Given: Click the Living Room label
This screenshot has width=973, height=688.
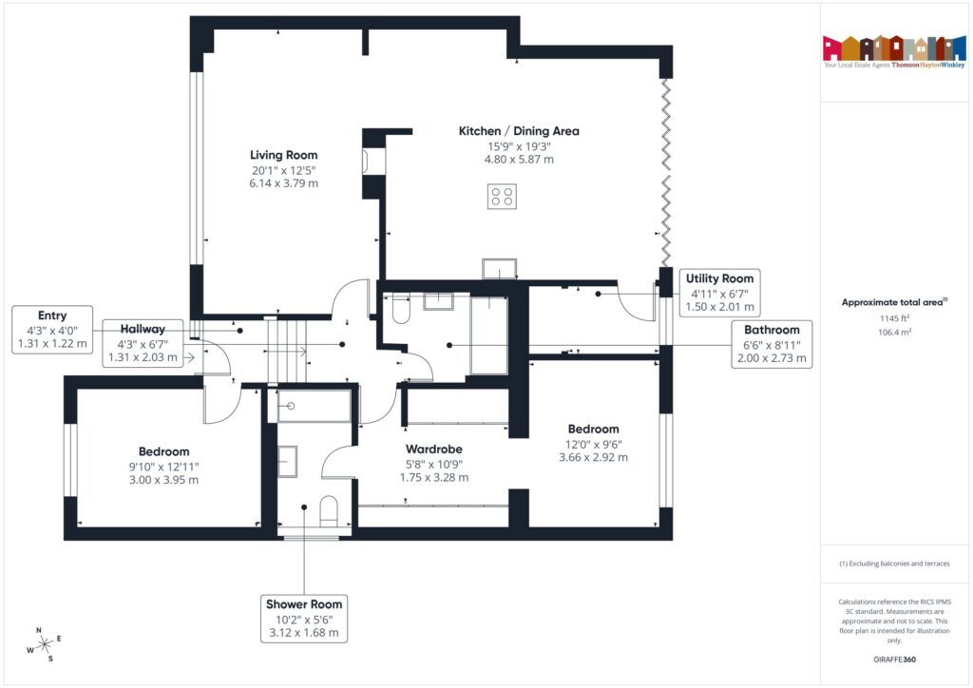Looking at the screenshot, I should tap(283, 155).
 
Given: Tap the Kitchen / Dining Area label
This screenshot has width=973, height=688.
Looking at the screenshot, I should tap(519, 131).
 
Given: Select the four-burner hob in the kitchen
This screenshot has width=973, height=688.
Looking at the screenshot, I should tap(502, 197).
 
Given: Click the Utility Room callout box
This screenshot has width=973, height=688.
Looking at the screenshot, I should tap(719, 293).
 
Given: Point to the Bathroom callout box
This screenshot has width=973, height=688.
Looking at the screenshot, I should tap(771, 344).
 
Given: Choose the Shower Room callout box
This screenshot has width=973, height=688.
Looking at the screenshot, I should tap(303, 618).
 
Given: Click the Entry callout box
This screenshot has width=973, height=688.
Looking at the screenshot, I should tap(52, 330).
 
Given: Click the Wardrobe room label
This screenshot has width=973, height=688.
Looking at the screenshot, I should tap(433, 449).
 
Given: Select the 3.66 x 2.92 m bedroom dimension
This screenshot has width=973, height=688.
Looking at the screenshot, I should tap(593, 457).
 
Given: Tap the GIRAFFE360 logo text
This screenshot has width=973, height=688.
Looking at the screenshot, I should tap(893, 659).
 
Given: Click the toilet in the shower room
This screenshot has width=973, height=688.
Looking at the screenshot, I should tap(330, 510).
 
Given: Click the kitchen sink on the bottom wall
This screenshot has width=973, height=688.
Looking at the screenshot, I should tap(498, 269).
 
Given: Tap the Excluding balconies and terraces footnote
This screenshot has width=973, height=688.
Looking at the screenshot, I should tap(893, 564).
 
